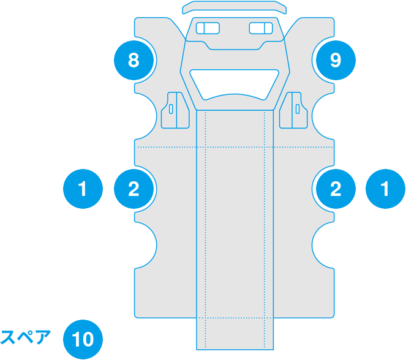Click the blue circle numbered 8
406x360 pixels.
pos(133,60)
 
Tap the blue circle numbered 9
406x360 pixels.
pos(336,60)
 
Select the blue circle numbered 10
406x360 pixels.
pos(83,339)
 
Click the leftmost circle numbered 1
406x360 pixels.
pos(83,189)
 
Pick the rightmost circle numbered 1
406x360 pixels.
pos(385,189)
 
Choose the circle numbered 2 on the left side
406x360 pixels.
pos(133,189)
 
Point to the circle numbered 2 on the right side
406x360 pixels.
pos(336,189)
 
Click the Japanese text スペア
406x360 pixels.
pos(25,337)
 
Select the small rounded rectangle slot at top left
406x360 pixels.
pos(208,28)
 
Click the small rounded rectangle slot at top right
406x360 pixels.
pos(261,28)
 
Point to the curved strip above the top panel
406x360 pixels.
pos(235,7)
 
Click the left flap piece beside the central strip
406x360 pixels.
pos(175,110)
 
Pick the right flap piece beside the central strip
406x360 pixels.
pos(293,110)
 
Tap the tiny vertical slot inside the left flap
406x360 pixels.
pos(171,109)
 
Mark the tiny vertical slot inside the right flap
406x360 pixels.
pos(298,109)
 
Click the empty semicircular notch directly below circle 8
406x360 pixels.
pos(146,116)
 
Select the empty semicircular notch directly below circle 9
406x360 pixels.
pos(323,116)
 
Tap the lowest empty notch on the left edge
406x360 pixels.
pos(146,245)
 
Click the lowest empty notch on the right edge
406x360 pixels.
pos(323,245)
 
